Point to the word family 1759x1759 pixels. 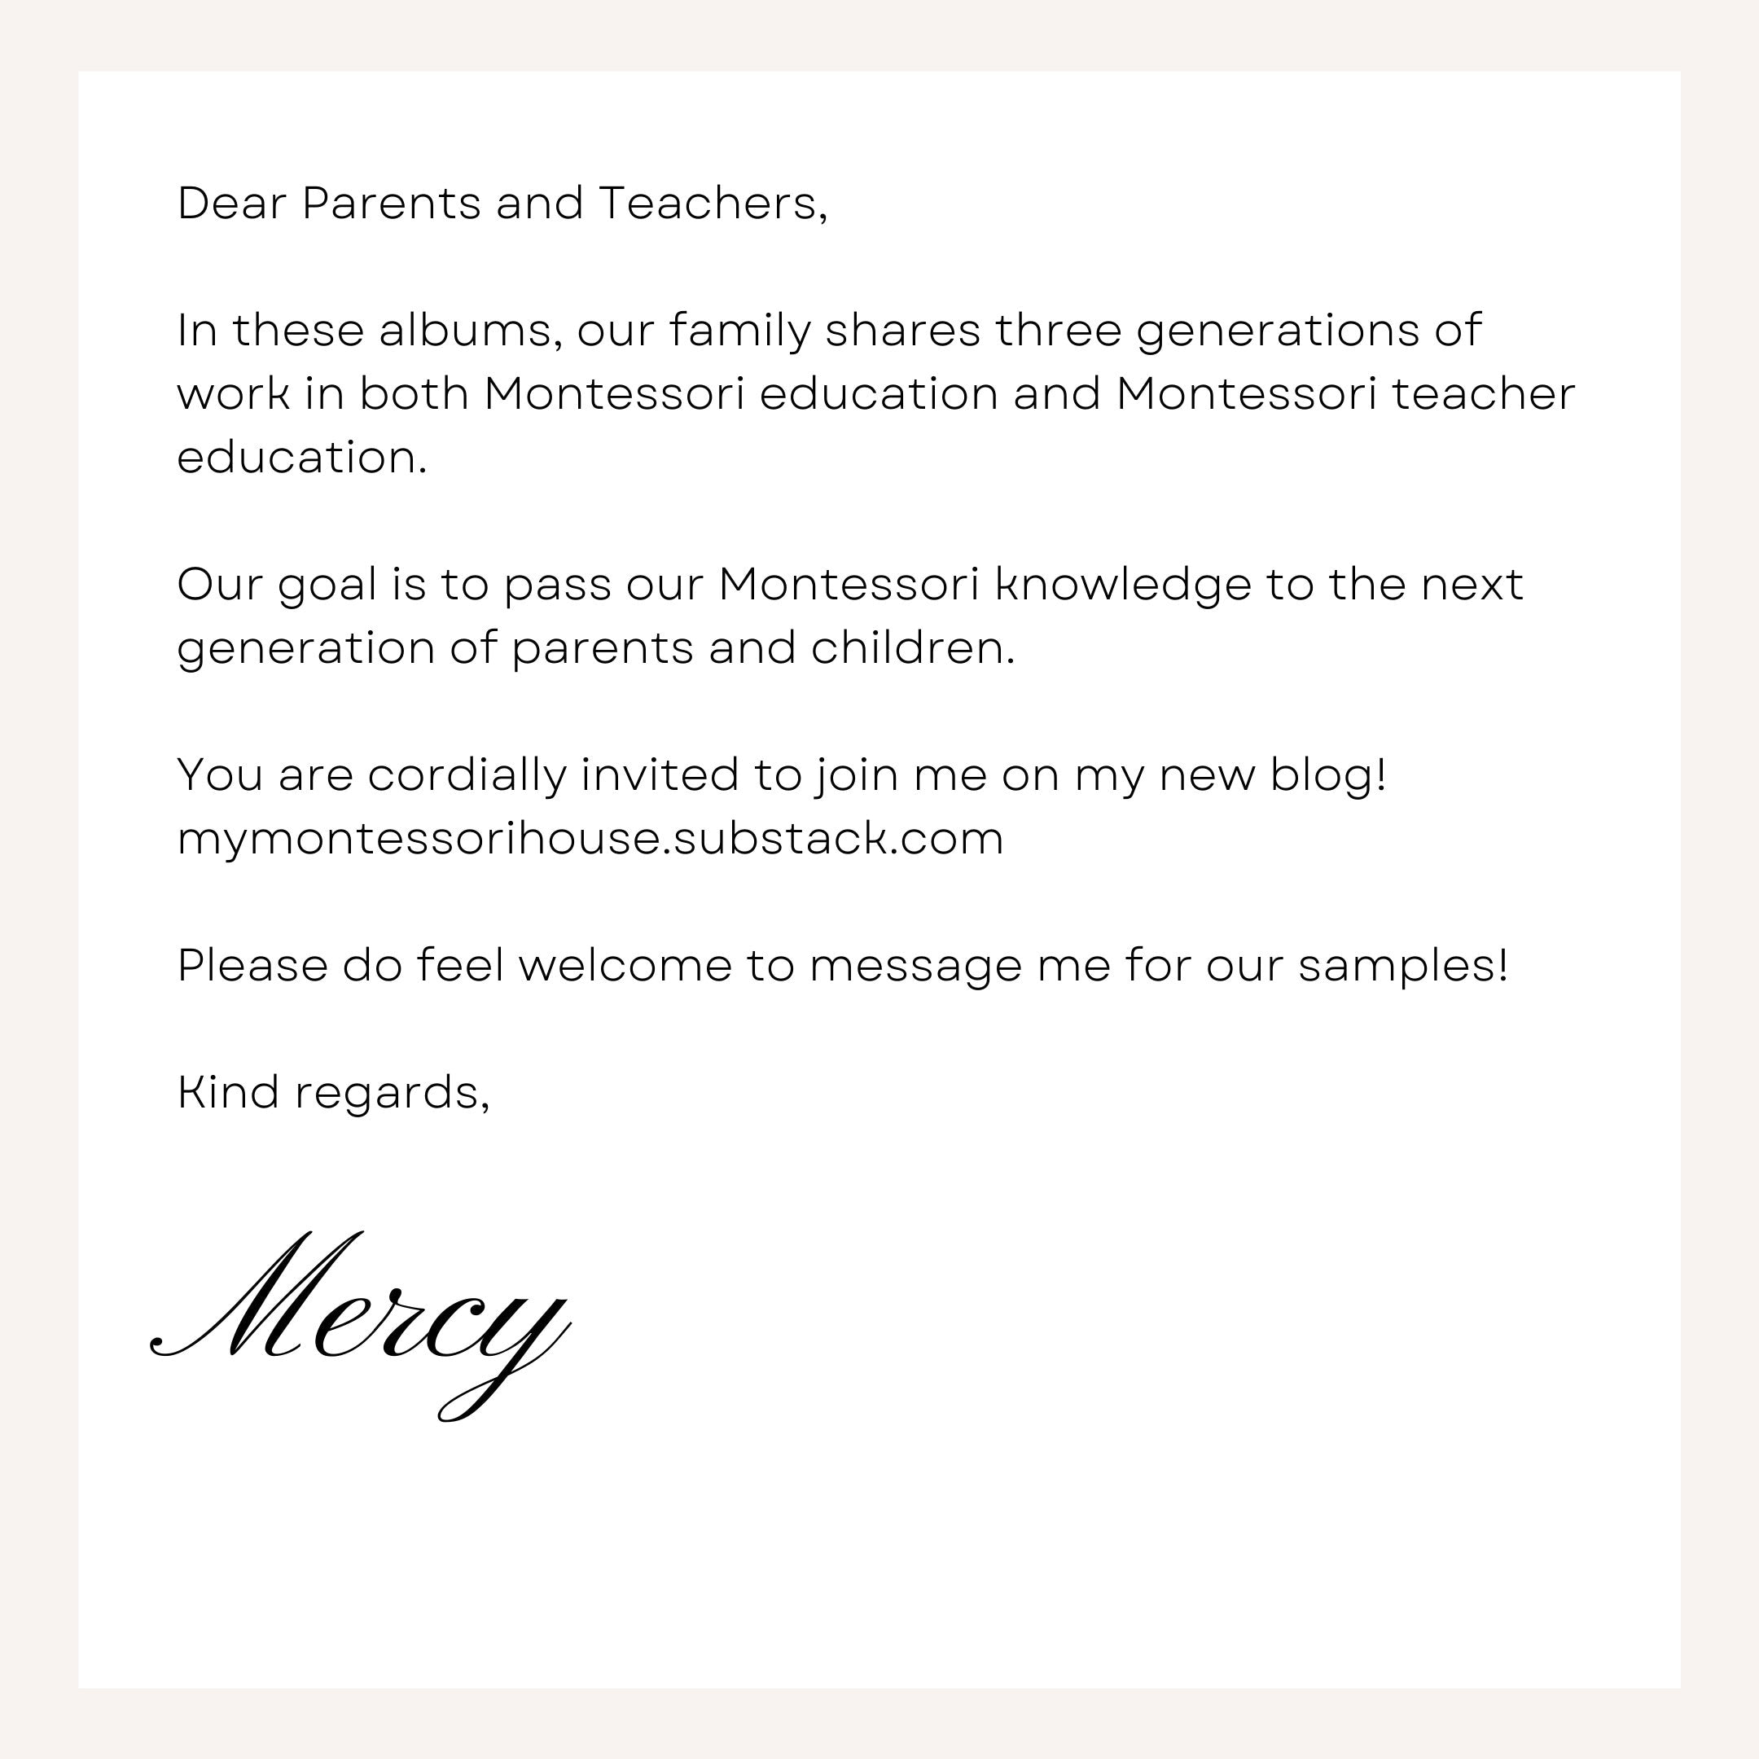[x=739, y=331]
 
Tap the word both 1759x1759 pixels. [x=415, y=393]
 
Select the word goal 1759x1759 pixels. [x=327, y=586]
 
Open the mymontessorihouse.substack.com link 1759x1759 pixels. [x=590, y=839]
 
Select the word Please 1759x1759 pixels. [x=252, y=965]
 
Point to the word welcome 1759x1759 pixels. [x=625, y=965]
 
